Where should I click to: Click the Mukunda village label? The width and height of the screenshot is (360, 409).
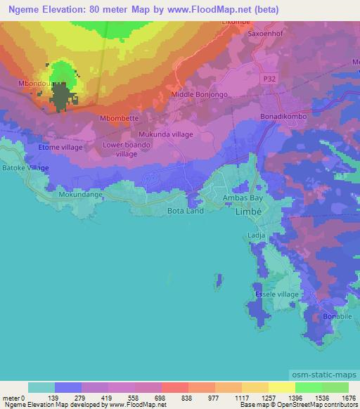(x=165, y=134)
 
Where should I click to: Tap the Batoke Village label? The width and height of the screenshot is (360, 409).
(x=25, y=168)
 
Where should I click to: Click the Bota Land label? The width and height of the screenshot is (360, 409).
(x=185, y=210)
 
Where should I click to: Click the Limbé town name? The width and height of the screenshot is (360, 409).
(x=247, y=212)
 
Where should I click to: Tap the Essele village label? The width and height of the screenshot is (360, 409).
(x=277, y=294)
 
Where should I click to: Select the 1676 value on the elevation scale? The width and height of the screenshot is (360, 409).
(x=348, y=398)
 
